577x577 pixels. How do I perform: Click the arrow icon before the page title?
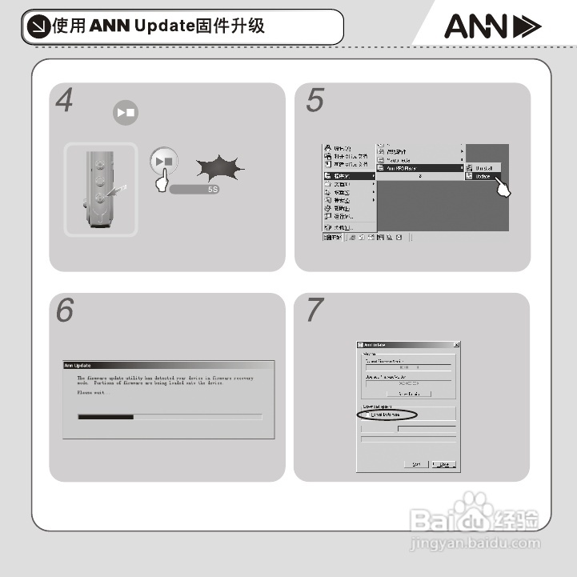[x=37, y=26]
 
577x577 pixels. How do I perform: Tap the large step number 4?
[x=65, y=102]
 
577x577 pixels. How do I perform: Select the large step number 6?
[x=65, y=311]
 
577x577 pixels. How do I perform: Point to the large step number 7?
[x=315, y=311]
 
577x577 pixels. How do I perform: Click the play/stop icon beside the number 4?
[x=125, y=112]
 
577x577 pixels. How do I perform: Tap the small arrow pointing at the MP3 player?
[x=119, y=189]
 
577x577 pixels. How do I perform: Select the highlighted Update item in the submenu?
[x=483, y=175]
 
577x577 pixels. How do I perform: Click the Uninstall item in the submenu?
[x=484, y=167]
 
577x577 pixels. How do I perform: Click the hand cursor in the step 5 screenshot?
[x=503, y=189]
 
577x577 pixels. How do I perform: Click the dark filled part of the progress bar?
[x=105, y=417]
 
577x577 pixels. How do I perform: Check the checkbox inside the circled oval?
[x=367, y=415]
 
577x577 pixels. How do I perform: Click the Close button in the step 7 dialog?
[x=443, y=464]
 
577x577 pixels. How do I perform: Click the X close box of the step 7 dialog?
[x=455, y=344]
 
